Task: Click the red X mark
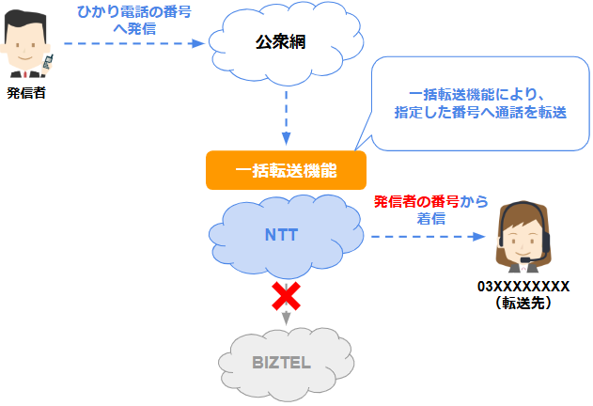pos(287,296)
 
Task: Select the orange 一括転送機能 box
pos(286,170)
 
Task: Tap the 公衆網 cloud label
pos(280,41)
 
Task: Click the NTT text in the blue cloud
pos(281,235)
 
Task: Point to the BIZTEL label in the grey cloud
pos(281,363)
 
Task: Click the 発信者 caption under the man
pos(26,93)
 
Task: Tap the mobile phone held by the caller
pos(48,62)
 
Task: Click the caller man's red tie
pos(25,74)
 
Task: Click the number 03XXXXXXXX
pos(523,287)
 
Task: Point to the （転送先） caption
pos(523,303)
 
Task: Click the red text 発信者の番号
pos(416,202)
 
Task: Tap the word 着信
pos(430,219)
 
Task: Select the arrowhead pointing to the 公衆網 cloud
pos(198,43)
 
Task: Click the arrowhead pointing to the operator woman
pos(478,237)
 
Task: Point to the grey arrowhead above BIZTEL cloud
pos(287,318)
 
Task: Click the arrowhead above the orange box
pos(287,139)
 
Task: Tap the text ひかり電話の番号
pos(134,12)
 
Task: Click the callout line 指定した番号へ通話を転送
pos(480,113)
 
